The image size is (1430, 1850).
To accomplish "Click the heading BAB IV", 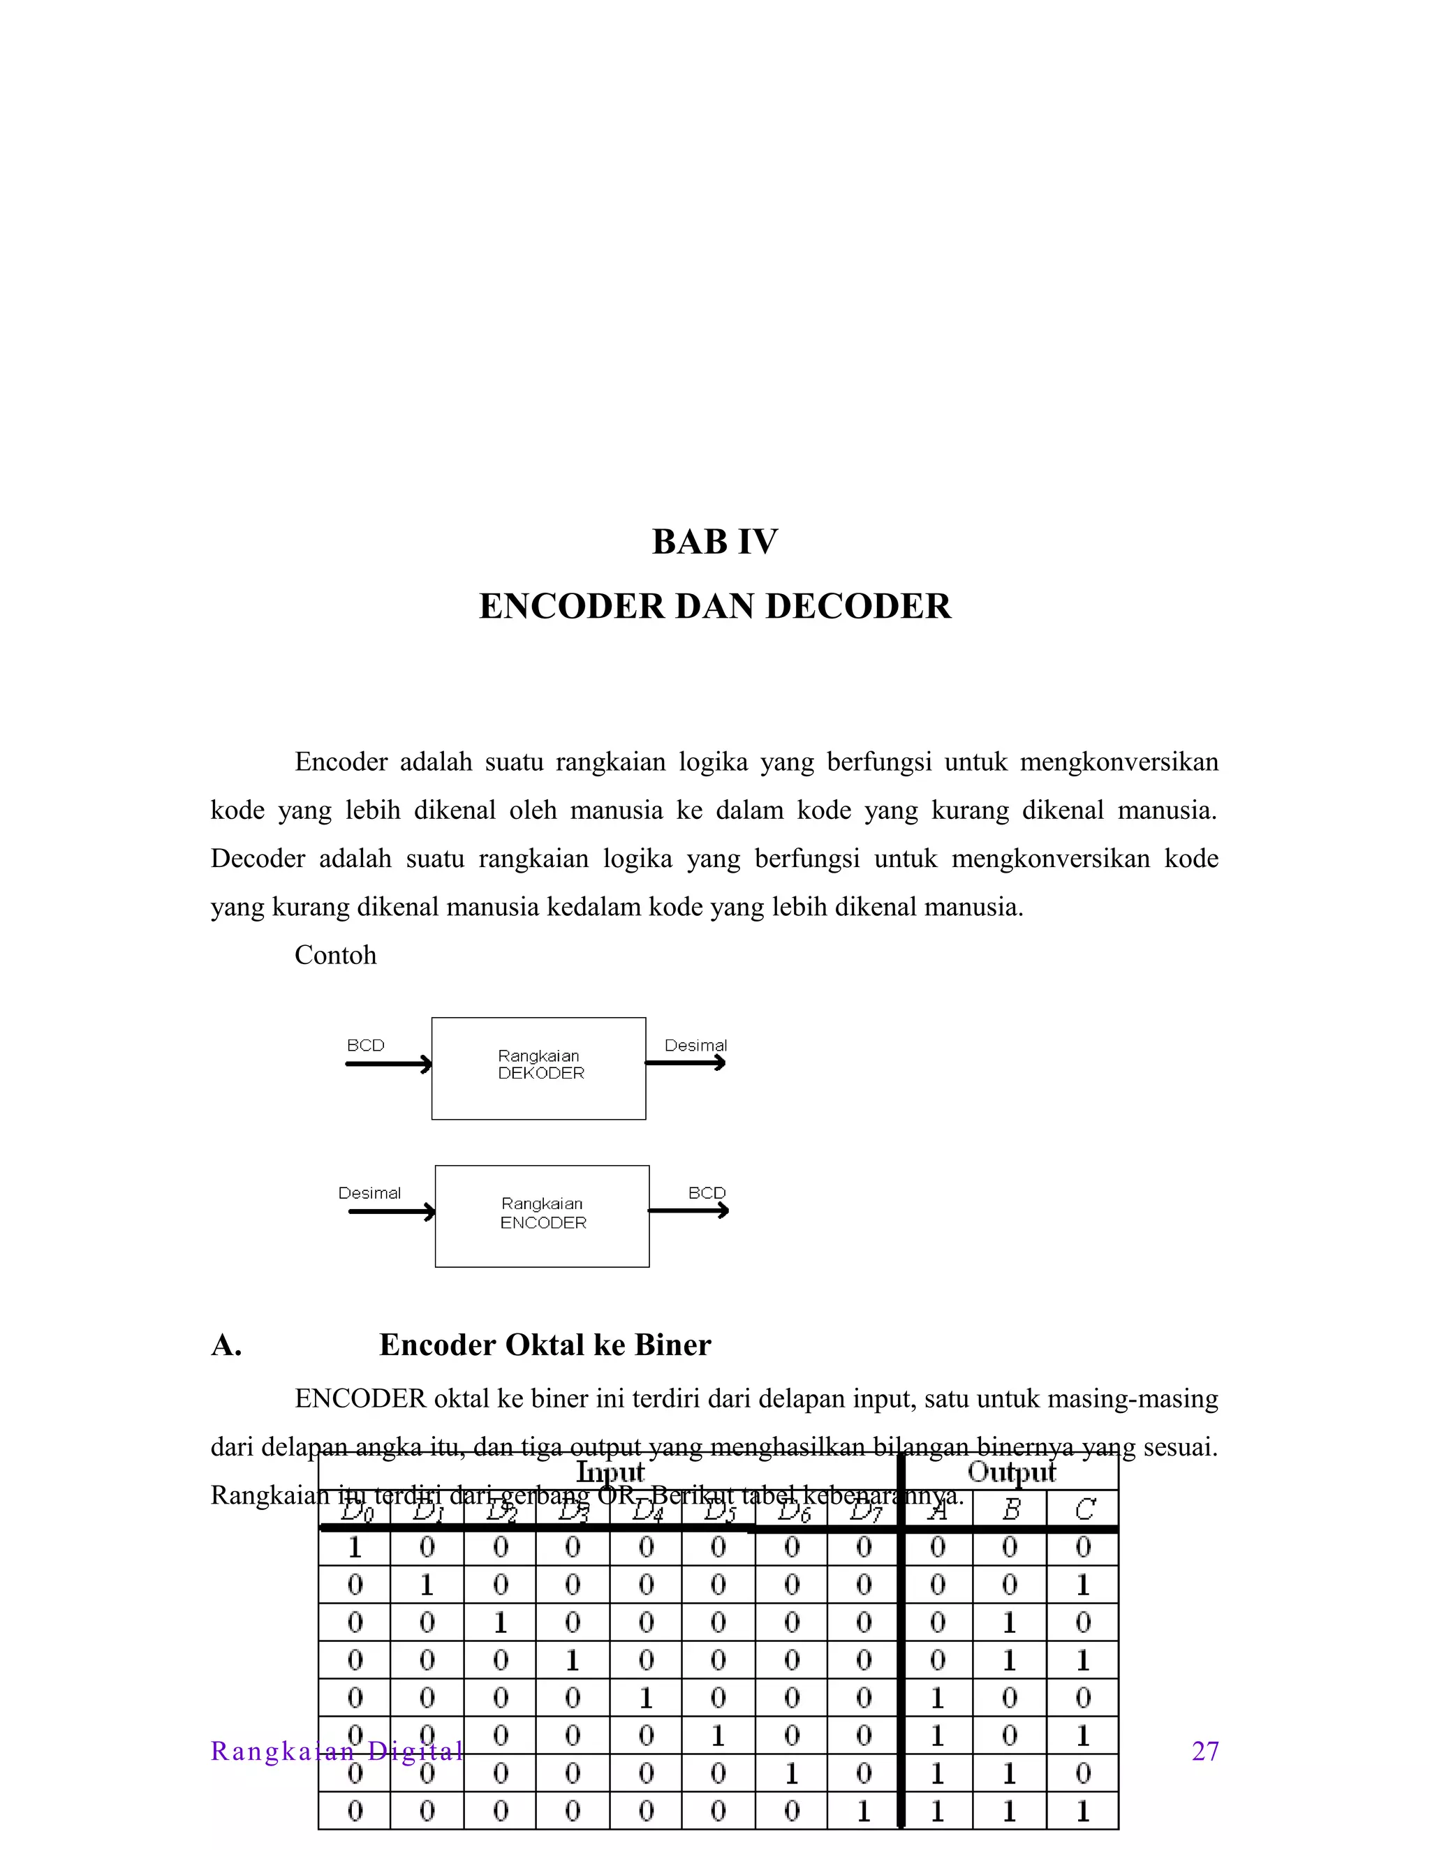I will tap(714, 542).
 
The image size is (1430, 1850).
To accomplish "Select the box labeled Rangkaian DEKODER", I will tap(539, 1068).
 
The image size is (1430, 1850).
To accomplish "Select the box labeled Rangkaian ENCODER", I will tap(542, 1216).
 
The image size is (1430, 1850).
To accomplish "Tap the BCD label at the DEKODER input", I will tap(365, 1045).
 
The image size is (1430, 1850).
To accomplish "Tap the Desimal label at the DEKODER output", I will tap(695, 1045).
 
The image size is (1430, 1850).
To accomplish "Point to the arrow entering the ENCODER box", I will tap(392, 1212).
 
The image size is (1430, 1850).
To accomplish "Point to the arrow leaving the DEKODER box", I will tap(686, 1063).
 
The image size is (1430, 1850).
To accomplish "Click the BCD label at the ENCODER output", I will tap(707, 1192).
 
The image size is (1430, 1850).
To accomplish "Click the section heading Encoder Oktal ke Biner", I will tap(545, 1345).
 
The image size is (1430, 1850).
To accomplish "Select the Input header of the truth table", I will tap(610, 1472).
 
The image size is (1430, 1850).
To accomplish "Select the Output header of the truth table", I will tap(1012, 1472).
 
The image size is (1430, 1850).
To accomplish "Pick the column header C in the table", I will tap(1084, 1509).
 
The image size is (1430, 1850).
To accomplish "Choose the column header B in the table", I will tap(1010, 1509).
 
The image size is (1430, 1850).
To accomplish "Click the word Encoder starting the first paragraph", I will tap(341, 762).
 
